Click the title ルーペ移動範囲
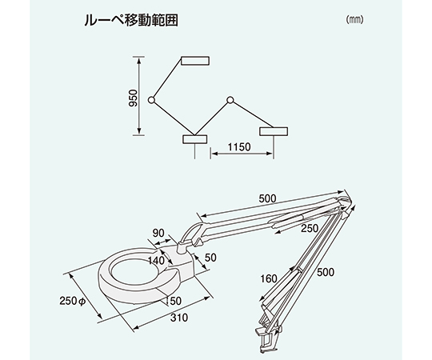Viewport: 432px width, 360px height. click(x=131, y=20)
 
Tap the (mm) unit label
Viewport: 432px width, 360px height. click(x=355, y=19)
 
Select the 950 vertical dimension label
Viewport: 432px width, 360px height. click(x=133, y=98)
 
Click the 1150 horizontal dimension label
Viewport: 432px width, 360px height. click(x=239, y=147)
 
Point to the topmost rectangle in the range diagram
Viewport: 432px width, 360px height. click(x=195, y=61)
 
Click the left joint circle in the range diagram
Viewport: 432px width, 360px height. click(x=151, y=100)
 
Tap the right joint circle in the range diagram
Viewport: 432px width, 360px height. click(x=230, y=100)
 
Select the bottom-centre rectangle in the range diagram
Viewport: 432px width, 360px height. click(x=195, y=139)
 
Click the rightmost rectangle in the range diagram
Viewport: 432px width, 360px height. click(x=274, y=131)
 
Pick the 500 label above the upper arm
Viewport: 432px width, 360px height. click(x=267, y=198)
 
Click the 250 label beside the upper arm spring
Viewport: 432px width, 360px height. click(x=310, y=228)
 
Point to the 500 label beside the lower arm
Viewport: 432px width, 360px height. click(x=326, y=272)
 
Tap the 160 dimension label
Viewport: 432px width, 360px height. click(x=269, y=278)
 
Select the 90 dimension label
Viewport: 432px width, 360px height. click(x=158, y=233)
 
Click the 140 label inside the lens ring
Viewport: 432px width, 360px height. click(x=156, y=260)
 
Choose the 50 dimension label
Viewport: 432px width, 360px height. click(x=210, y=258)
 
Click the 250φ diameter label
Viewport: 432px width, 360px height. click(x=73, y=301)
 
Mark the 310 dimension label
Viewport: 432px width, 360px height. click(x=179, y=318)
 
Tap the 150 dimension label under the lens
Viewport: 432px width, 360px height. click(x=174, y=301)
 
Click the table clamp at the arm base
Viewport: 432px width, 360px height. click(x=269, y=338)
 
